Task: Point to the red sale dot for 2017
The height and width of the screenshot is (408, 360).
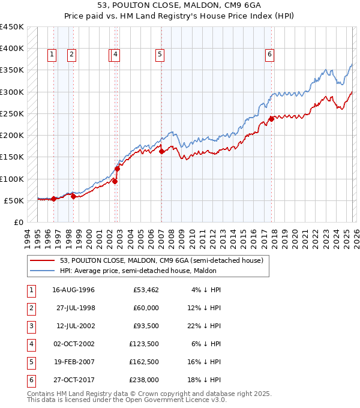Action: (x=271, y=119)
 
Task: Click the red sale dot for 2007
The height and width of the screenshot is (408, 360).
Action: (x=161, y=152)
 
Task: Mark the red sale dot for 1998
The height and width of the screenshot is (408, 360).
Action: (x=73, y=196)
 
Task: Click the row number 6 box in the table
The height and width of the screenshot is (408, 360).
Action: (x=30, y=380)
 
